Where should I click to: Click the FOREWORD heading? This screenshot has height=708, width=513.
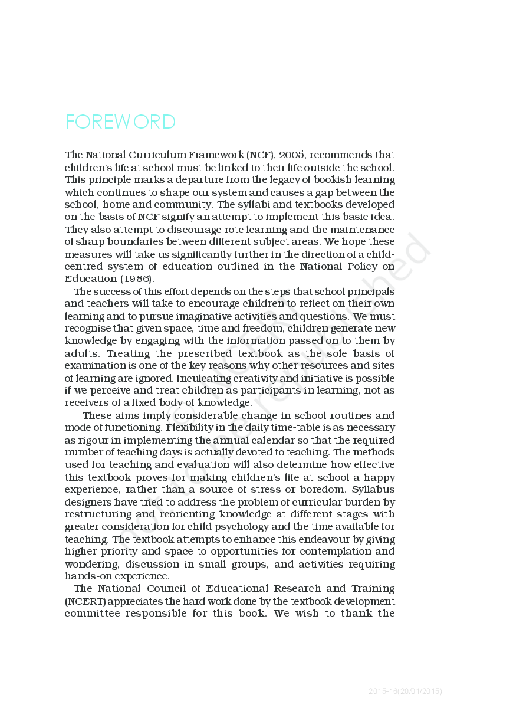pyautogui.click(x=120, y=122)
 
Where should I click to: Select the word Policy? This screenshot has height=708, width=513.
pyautogui.click(x=362, y=267)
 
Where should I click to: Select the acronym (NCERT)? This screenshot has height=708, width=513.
pyautogui.click(x=84, y=601)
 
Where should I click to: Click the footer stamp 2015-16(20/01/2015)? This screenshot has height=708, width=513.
pyautogui.click(x=405, y=691)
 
